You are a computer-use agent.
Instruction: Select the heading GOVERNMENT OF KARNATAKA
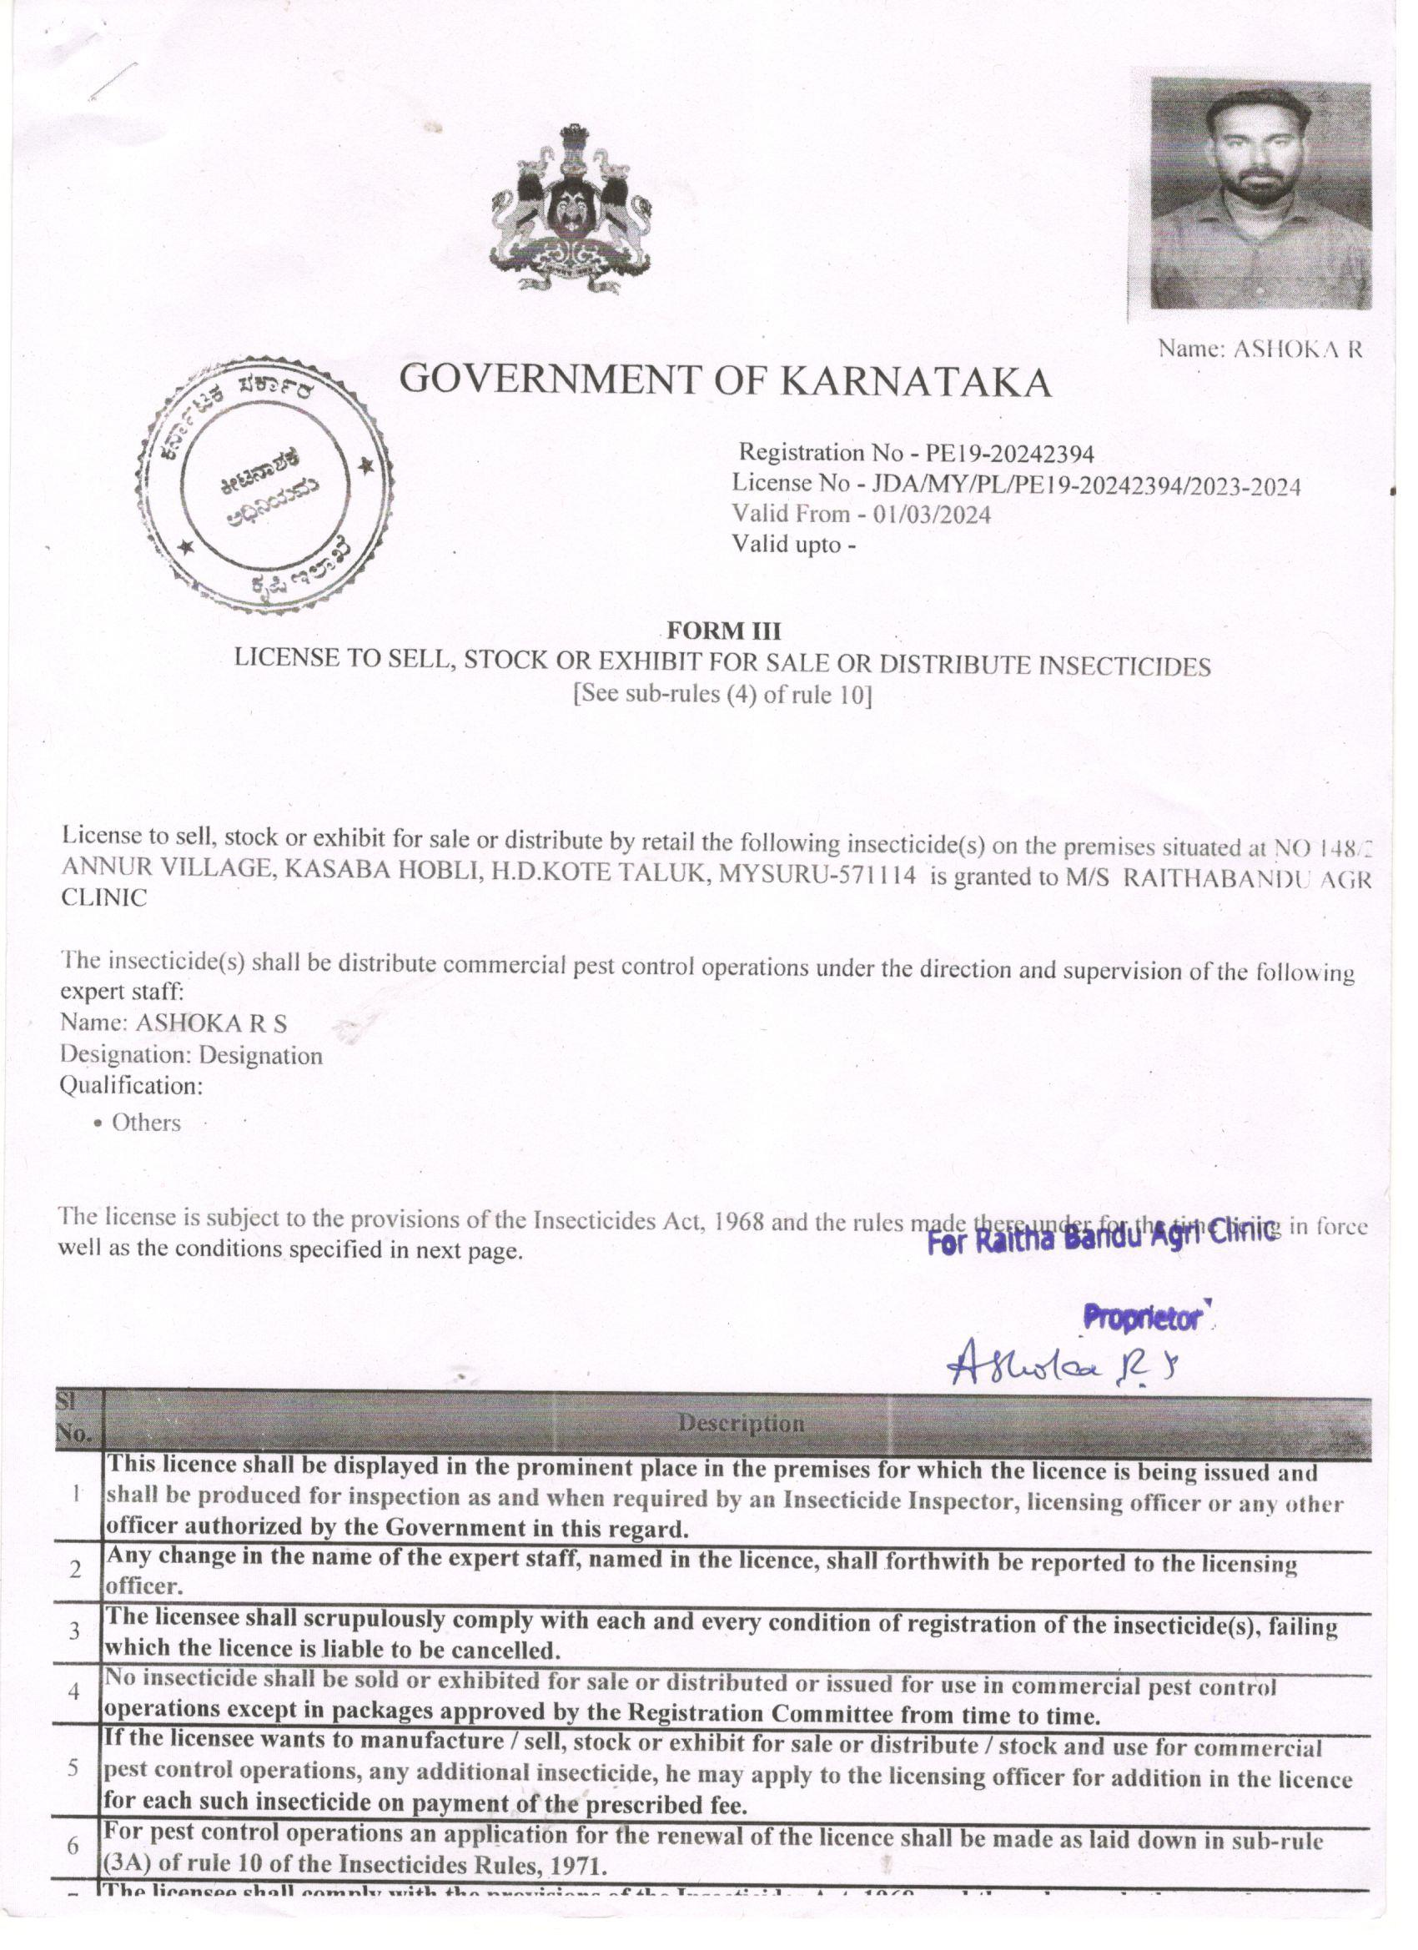pos(727,381)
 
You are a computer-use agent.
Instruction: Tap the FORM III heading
pos(724,631)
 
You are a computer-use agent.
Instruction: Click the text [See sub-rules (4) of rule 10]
pos(722,695)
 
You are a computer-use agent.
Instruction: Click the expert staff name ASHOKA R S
pos(211,1023)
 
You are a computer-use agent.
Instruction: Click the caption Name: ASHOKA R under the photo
pos(1260,349)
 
